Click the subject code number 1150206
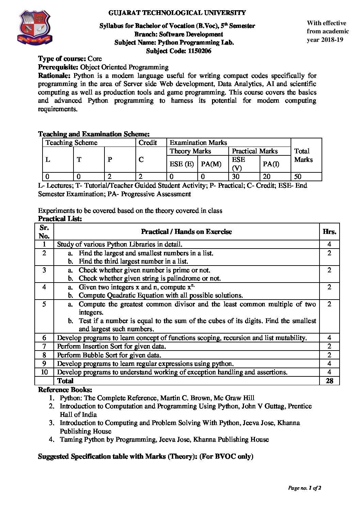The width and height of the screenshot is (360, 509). (197, 51)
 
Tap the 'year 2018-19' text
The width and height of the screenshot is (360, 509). (325, 40)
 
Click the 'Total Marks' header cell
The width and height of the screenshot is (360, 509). (303, 155)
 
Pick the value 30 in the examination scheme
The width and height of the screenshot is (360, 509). (236, 176)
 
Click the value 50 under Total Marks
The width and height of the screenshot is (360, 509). (298, 176)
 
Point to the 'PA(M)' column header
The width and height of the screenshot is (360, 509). (211, 164)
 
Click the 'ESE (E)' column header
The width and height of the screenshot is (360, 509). (182, 164)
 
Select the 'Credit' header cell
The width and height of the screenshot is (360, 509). (148, 142)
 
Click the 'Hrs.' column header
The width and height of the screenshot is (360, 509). (329, 232)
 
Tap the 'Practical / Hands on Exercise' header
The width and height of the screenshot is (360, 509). (186, 232)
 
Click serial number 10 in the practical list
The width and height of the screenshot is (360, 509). (44, 372)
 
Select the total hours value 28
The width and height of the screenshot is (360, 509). (329, 380)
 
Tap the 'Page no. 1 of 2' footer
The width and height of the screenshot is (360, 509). (305, 488)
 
